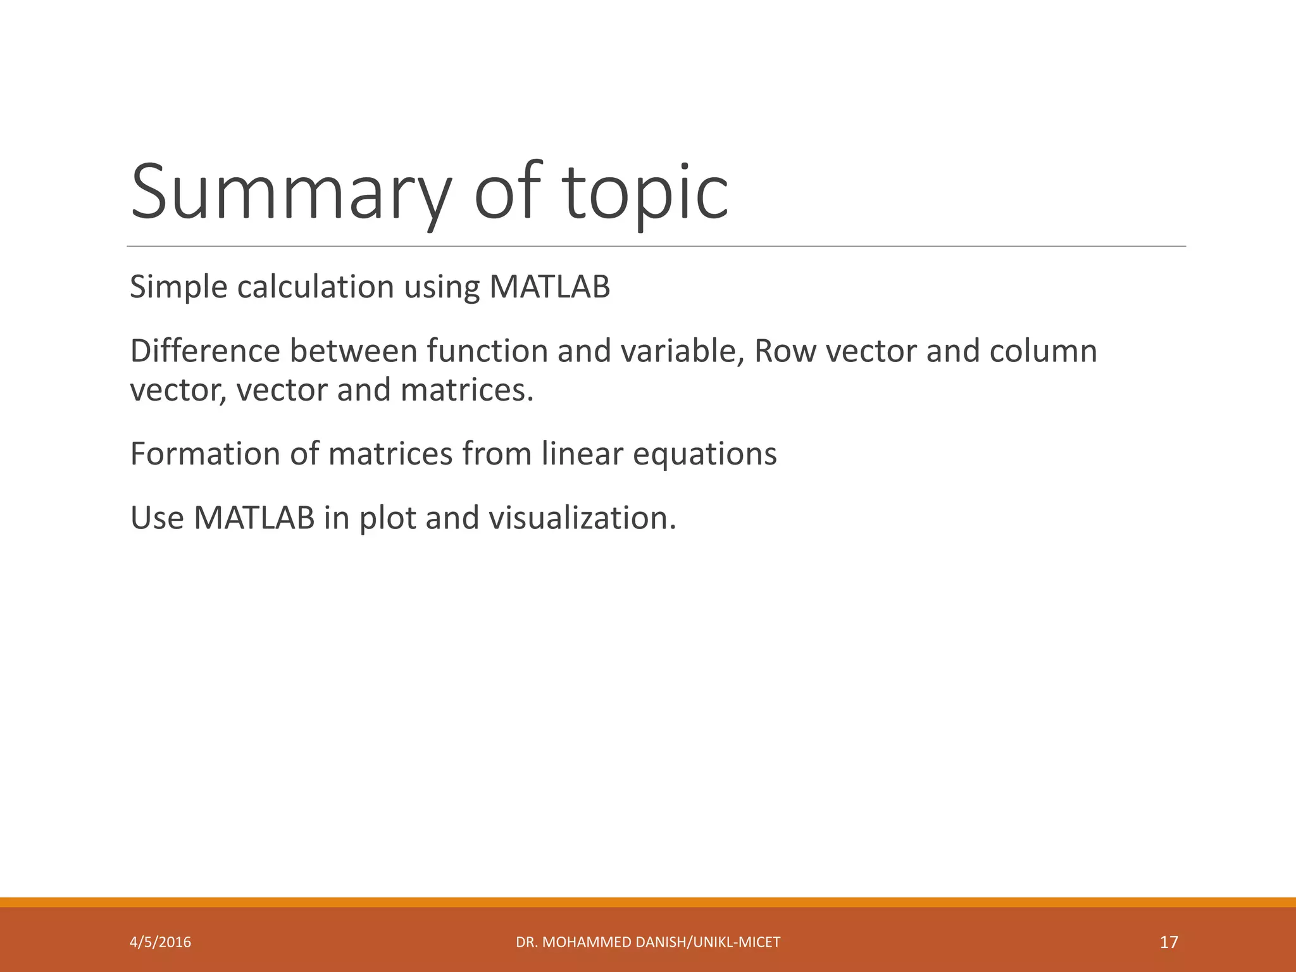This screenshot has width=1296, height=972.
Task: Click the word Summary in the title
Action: (x=291, y=192)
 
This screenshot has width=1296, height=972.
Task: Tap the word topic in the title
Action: (x=646, y=192)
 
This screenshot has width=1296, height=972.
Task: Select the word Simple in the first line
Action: (x=178, y=287)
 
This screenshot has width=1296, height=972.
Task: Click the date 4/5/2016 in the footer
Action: (x=160, y=942)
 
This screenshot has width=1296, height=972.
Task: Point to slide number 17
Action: (x=1169, y=942)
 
